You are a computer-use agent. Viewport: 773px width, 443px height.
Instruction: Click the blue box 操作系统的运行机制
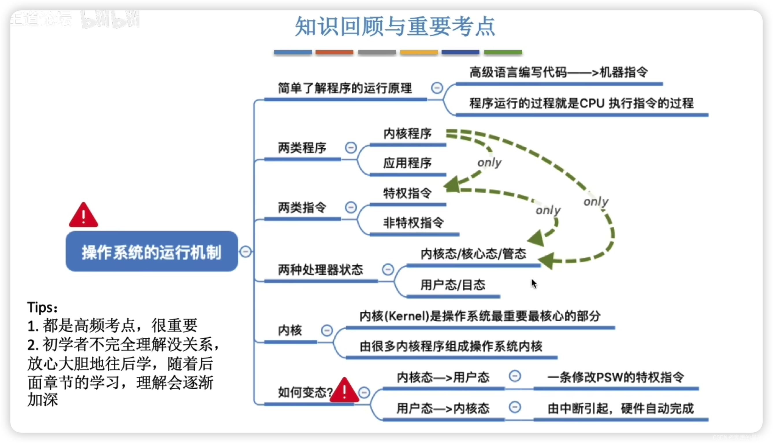pyautogui.click(x=151, y=251)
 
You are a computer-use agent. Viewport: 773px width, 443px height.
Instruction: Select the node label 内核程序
pyautogui.click(x=407, y=134)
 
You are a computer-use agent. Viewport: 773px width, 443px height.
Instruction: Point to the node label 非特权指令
pyautogui.click(x=413, y=223)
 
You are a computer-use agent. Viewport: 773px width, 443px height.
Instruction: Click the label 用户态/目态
pyautogui.click(x=452, y=285)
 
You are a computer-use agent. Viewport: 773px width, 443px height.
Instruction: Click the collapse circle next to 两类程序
pyautogui.click(x=351, y=148)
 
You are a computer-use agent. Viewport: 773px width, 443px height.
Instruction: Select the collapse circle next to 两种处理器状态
pyautogui.click(x=388, y=270)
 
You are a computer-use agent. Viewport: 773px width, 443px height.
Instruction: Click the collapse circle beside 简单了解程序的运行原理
pyautogui.click(x=437, y=88)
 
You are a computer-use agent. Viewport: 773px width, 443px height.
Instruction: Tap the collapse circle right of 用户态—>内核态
pyautogui.click(x=515, y=407)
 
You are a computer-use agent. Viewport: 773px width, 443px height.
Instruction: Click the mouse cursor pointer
pyautogui.click(x=534, y=283)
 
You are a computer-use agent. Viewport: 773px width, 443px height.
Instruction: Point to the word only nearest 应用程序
pyautogui.click(x=489, y=163)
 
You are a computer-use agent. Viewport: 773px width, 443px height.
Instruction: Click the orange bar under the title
pyautogui.click(x=334, y=52)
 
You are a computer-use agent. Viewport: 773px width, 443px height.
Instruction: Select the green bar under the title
pyautogui.click(x=503, y=52)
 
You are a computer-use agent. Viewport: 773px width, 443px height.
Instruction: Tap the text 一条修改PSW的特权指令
pyautogui.click(x=616, y=378)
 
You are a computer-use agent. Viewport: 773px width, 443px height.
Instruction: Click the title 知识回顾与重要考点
pyautogui.click(x=395, y=27)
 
